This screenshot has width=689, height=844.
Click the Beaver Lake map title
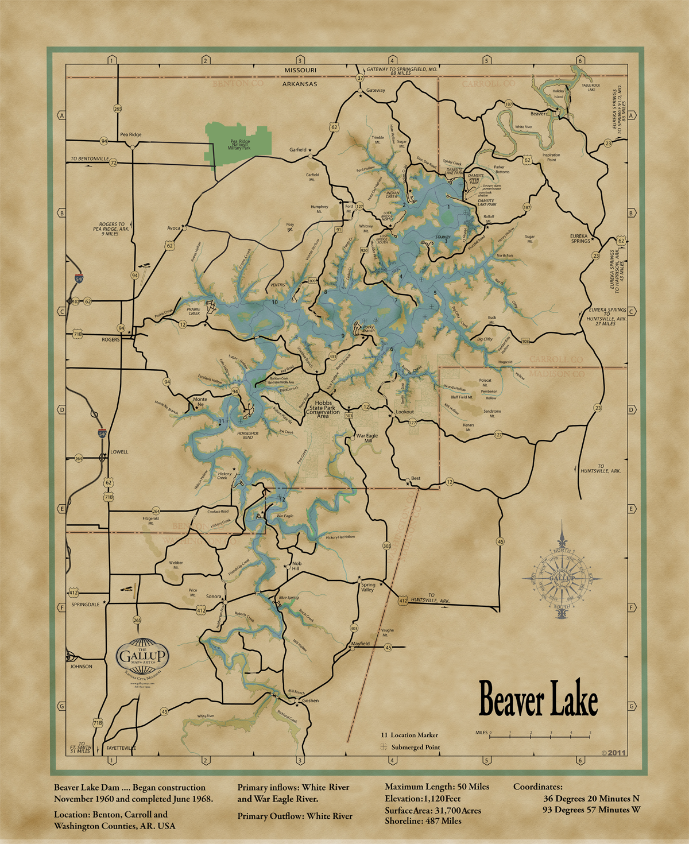coord(538,698)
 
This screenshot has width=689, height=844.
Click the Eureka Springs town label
coord(579,238)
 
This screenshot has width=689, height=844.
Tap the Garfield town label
coord(297,150)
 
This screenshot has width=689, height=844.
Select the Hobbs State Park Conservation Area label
coord(323,408)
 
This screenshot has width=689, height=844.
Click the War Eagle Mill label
coord(367,438)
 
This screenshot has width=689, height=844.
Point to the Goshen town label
coord(310,700)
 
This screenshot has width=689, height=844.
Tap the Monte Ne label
coord(200,402)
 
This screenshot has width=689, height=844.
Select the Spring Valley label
coord(368,587)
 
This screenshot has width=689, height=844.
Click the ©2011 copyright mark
coord(613,752)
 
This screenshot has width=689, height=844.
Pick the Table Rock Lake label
coord(591,88)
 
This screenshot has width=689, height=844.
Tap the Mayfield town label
coord(361,644)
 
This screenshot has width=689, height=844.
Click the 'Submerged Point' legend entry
coord(415,748)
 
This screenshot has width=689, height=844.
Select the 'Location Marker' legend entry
coord(414,735)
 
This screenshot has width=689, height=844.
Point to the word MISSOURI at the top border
coord(300,70)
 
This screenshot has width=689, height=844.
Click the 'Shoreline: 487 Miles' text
coord(423,821)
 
